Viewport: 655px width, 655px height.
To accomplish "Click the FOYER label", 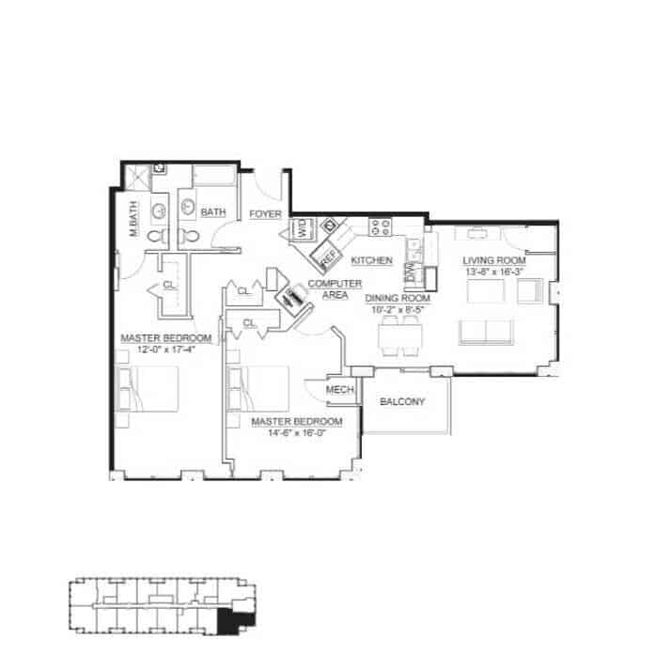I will pyautogui.click(x=265, y=214).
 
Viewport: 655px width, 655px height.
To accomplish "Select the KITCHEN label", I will pyautogui.click(x=371, y=260).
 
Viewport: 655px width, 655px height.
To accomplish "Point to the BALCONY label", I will pyautogui.click(x=402, y=402).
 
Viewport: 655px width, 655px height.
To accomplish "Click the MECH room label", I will pyautogui.click(x=338, y=389).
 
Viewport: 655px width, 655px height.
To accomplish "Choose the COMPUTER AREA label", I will pyautogui.click(x=328, y=289).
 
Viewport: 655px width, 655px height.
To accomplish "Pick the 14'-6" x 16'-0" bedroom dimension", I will pyautogui.click(x=296, y=434).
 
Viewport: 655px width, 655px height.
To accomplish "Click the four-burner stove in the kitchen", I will pyautogui.click(x=382, y=226).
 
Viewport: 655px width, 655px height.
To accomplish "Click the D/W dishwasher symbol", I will pyautogui.click(x=411, y=273).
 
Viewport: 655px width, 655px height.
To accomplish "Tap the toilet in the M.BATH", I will pyautogui.click(x=157, y=235).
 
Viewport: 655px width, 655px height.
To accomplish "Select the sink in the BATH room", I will pyautogui.click(x=187, y=208).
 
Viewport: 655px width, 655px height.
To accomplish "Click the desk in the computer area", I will pyautogui.click(x=294, y=297).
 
